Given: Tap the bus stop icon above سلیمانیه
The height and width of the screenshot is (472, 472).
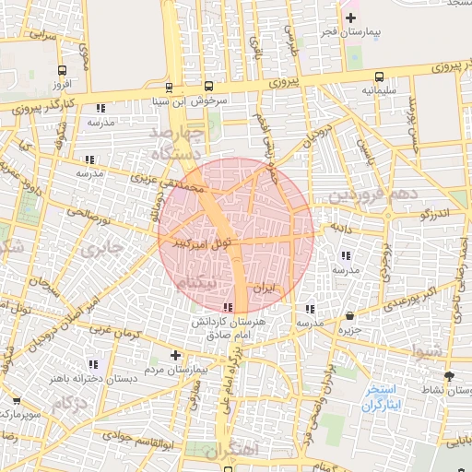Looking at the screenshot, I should (379, 77).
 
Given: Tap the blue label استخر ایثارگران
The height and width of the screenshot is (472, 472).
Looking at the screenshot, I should (383, 397).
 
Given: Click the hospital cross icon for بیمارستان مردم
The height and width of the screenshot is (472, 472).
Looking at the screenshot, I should (176, 355).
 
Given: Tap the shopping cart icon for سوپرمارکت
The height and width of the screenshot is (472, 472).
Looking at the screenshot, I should (16, 401).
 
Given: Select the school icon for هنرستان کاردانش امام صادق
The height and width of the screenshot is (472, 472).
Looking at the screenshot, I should (229, 308).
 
